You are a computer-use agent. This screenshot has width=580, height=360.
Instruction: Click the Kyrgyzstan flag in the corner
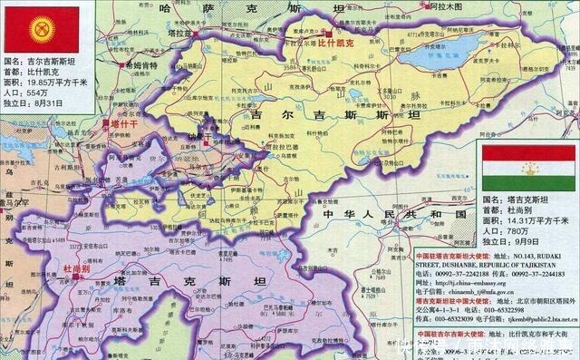point(41,27)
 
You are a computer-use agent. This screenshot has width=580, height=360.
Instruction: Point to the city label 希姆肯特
point(140,66)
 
